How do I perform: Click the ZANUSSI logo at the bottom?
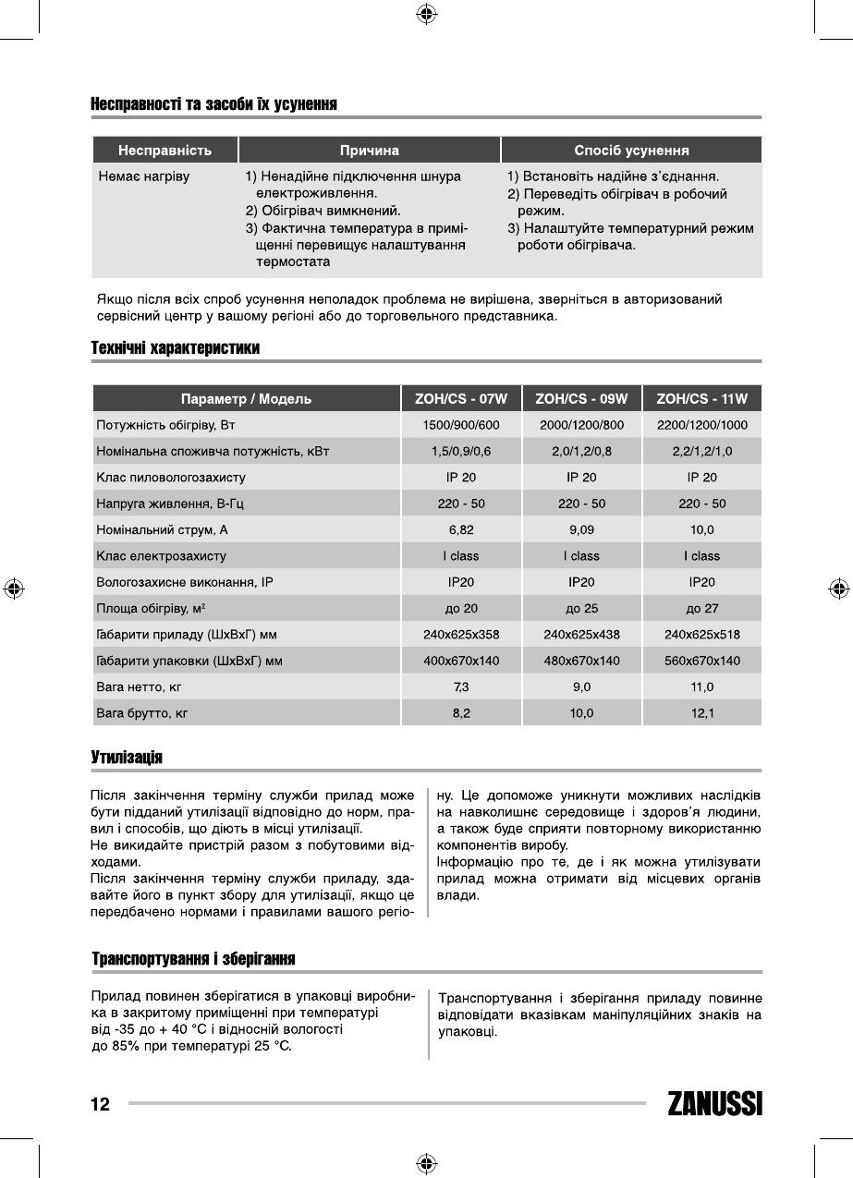714,1105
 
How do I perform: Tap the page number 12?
100,1104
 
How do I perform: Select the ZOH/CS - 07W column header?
461,399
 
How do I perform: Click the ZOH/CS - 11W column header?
702,399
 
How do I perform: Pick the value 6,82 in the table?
461,530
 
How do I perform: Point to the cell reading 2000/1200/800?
581,425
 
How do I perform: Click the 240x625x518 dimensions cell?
702,635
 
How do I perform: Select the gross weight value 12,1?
702,713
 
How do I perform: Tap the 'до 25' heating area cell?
581,609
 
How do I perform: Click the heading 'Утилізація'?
127,758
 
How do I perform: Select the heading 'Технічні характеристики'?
175,348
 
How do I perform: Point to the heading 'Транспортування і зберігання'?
192,959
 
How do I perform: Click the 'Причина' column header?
369,150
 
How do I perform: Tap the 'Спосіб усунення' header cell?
631,150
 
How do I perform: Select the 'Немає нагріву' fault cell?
144,176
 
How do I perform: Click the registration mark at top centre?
426,14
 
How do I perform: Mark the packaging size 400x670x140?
461,661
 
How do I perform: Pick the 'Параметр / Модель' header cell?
246,399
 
